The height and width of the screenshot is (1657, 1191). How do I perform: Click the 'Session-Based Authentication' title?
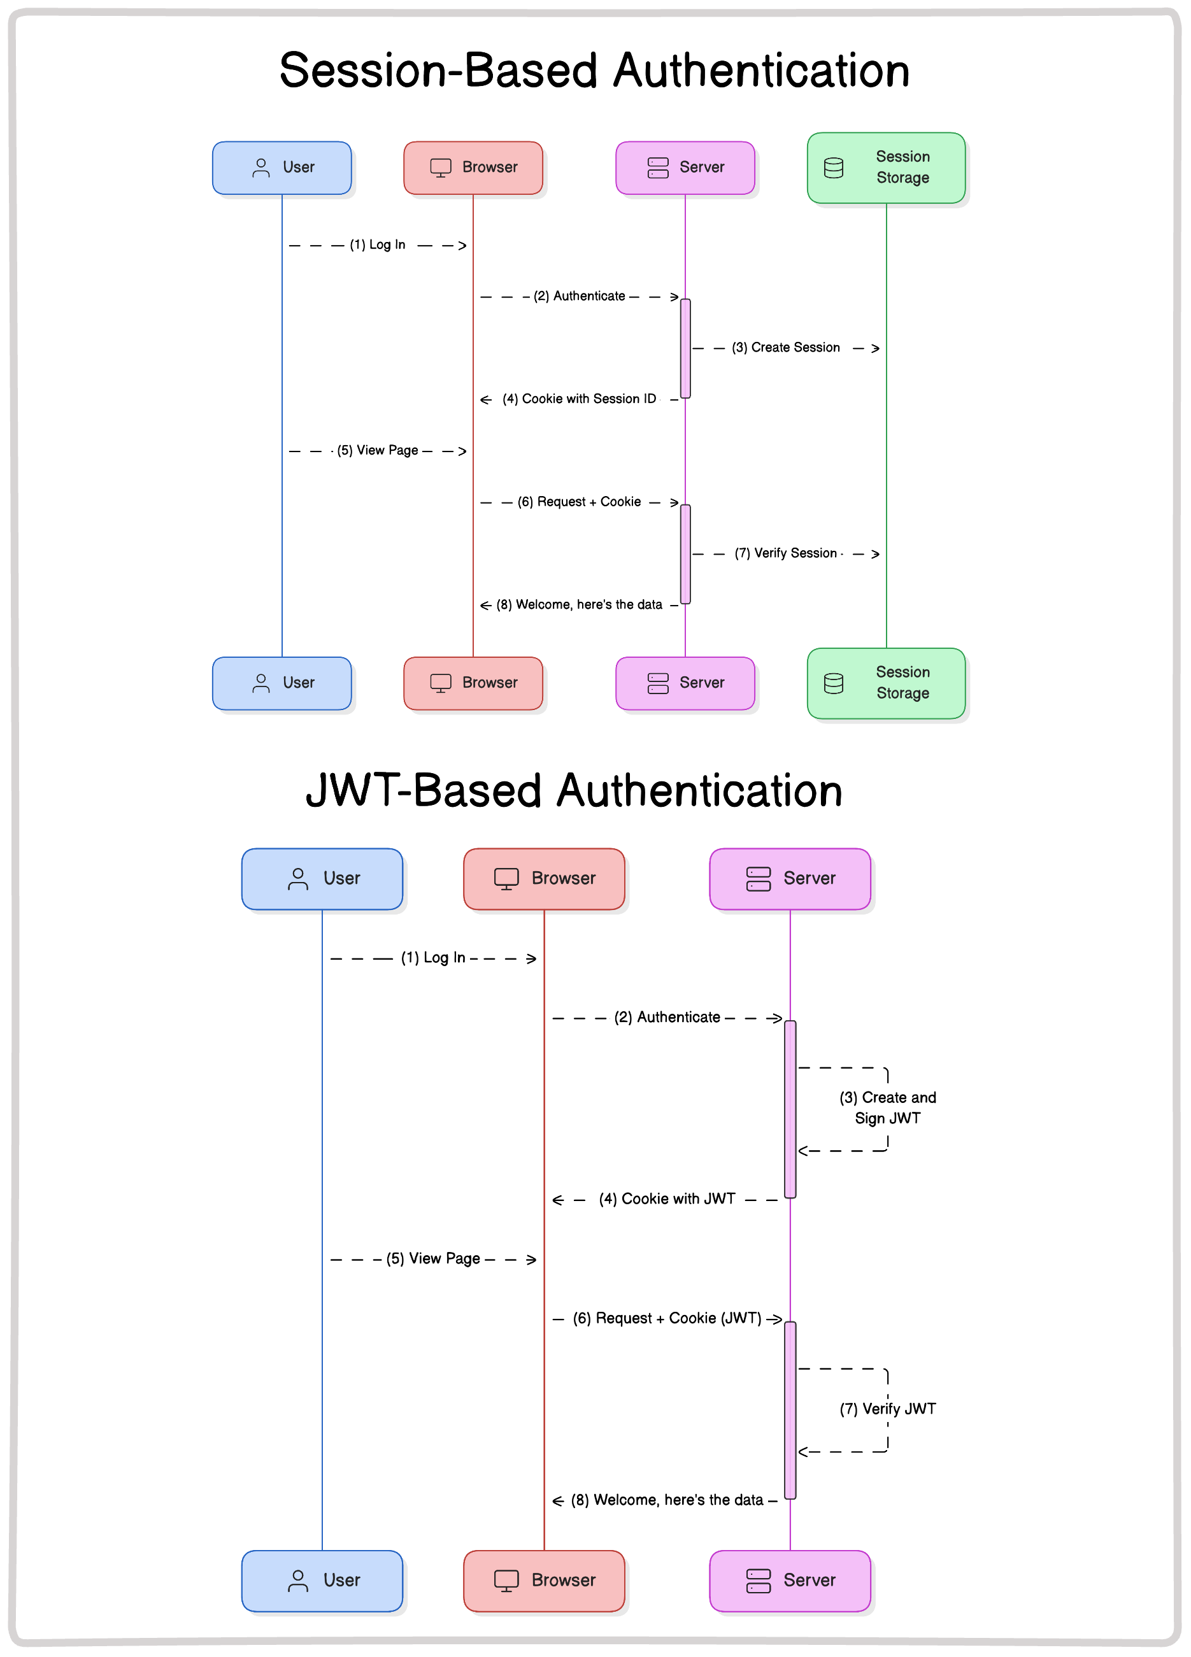click(594, 71)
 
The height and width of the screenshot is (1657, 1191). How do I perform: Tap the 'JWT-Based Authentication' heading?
click(574, 790)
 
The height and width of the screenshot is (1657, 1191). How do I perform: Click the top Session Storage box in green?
click(885, 167)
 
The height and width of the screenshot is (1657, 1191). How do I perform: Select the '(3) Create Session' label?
click(785, 348)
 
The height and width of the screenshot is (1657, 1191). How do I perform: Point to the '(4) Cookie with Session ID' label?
click(579, 399)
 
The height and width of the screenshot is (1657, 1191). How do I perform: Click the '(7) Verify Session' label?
click(785, 553)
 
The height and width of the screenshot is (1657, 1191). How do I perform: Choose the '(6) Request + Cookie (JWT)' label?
click(666, 1318)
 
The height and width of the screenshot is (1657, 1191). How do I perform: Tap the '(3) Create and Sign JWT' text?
click(887, 1107)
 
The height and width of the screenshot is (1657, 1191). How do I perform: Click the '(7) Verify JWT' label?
click(887, 1409)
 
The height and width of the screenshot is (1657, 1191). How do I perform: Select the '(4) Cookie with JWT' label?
click(666, 1199)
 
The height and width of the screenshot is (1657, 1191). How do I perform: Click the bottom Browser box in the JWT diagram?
click(544, 1581)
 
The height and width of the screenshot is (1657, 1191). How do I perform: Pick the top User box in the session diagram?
click(282, 167)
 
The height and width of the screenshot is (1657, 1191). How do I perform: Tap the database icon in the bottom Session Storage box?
click(833, 683)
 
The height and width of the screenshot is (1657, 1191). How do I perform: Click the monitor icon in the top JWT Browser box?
click(506, 878)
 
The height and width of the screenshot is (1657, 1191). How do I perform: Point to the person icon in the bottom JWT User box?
click(297, 1581)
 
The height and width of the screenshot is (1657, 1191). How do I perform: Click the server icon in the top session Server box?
click(658, 167)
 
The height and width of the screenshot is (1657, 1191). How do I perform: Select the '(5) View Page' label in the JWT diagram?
click(432, 1258)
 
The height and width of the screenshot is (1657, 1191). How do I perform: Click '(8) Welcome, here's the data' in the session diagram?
click(579, 604)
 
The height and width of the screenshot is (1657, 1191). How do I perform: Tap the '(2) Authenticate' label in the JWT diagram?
click(666, 1017)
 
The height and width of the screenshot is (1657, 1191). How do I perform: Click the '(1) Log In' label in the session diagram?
click(377, 245)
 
